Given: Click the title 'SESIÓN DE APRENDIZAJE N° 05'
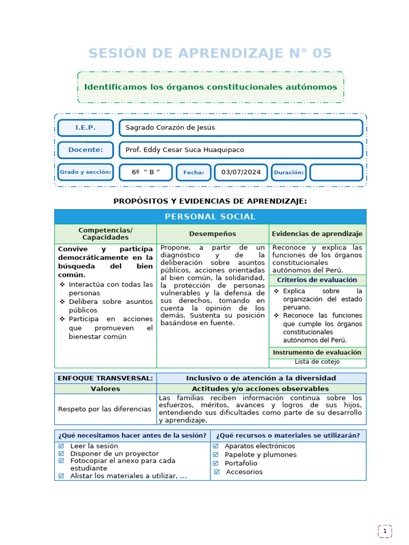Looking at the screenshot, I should tap(210, 53).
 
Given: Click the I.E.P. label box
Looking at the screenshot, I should tap(85, 128).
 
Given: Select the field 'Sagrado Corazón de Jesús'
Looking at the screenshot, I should tap(241, 128).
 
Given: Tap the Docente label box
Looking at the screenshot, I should tap(85, 150).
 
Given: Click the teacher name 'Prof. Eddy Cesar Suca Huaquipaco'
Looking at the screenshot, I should tap(241, 150).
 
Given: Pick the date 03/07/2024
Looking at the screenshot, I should tap(241, 172).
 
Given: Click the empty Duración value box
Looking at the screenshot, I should tap(336, 172).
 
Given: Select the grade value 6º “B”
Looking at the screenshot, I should tap(145, 172).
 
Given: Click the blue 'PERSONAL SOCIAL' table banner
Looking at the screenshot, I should tap(210, 217).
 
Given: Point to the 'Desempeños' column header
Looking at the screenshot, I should tap(212, 234).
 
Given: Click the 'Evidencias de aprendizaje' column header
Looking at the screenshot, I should tap(317, 234).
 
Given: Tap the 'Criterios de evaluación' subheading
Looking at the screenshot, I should tap(317, 280).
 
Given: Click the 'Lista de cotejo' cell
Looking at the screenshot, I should tap(317, 362).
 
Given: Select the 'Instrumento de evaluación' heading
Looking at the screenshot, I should tap(317, 352).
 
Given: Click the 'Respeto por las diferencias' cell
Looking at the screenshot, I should tap(105, 409).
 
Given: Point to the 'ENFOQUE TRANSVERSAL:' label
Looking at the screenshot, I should tap(105, 378).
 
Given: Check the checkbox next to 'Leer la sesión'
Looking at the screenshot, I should tap(61, 446).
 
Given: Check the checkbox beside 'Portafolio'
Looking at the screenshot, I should tap(216, 463).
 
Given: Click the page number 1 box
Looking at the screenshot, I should tap(385, 531).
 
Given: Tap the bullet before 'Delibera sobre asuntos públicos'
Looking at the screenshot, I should tap(62, 302).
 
